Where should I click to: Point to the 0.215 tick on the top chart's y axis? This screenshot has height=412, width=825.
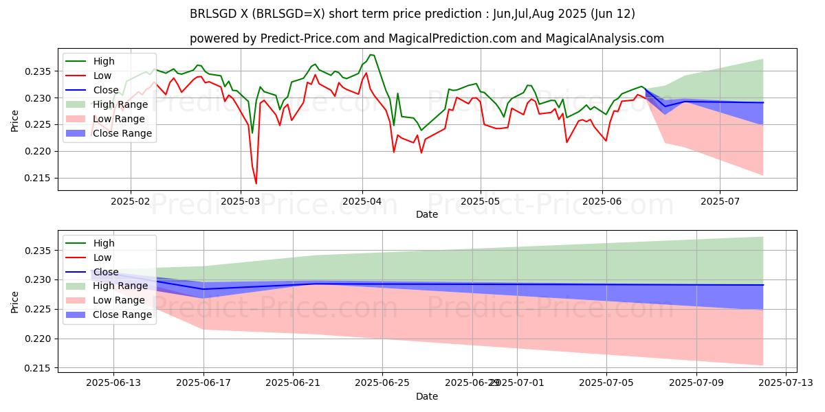coord(43,178)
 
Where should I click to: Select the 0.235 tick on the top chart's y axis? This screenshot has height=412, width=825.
coord(43,71)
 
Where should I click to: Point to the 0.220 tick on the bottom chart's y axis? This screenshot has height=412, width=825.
coord(43,339)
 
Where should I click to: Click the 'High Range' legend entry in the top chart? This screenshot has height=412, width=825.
coord(120,104)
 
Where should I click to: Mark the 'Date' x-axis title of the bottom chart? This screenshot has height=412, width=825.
coord(427,396)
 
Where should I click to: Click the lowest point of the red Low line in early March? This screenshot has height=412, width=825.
coord(256,183)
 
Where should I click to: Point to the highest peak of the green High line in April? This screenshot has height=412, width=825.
coord(371,55)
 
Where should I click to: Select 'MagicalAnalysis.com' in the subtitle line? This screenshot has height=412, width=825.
coord(605,38)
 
